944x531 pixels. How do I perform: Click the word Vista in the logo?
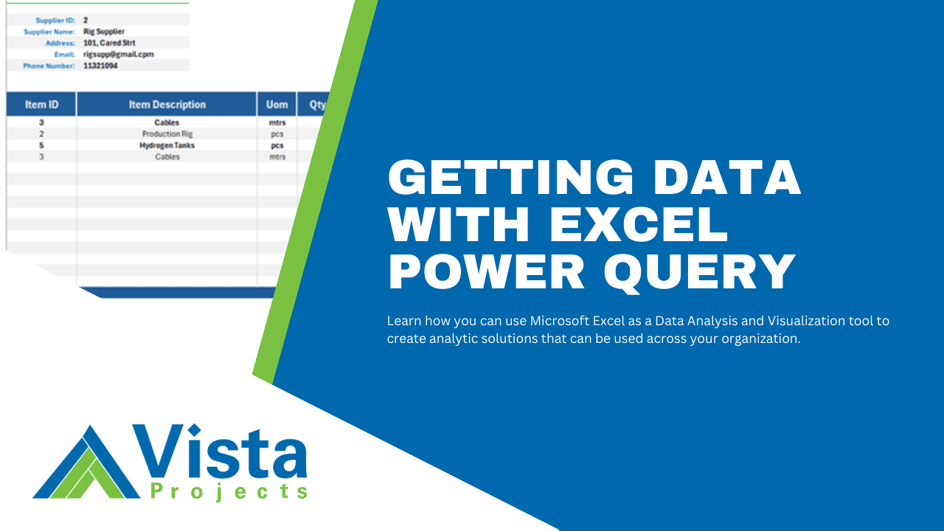pos(219,451)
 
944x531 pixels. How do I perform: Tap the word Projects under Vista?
pos(229,491)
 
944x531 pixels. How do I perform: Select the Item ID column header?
pos(41,105)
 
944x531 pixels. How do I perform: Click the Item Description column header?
pos(167,105)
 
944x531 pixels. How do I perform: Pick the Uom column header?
pos(277,105)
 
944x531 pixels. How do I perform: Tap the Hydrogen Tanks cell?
pos(167,145)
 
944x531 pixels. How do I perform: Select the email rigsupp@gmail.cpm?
pos(118,55)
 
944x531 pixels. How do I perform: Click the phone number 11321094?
pos(100,66)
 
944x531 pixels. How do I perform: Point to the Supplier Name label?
pos(49,32)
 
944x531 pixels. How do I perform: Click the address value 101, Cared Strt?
pos(109,43)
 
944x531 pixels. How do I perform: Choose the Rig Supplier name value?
pos(104,32)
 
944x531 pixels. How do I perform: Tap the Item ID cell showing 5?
pos(41,145)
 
